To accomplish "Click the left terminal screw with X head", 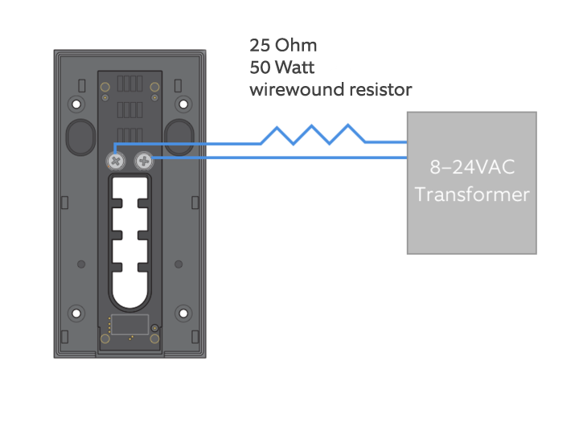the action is pos(116,162).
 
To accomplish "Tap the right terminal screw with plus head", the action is pos(144,161).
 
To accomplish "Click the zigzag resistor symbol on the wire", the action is pos(312,134).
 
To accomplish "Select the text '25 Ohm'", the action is pos(283,45).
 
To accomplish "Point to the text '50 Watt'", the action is pos(282,68).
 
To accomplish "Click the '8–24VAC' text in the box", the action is pos(472,167).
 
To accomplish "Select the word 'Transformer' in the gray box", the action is pos(472,194).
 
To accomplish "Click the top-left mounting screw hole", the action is pos(76,104).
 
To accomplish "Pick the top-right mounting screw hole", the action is pos(183,104).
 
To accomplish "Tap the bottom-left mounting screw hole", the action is pos(76,313).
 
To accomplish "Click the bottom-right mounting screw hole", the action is pos(183,313).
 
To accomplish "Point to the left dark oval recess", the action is pos(81,137).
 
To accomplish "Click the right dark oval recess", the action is pos(179,137).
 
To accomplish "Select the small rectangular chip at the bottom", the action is pos(130,325).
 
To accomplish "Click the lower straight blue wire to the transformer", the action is pos(279,158).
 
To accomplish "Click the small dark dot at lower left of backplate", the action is pos(81,264).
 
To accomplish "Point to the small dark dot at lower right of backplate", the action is pos(179,264).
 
